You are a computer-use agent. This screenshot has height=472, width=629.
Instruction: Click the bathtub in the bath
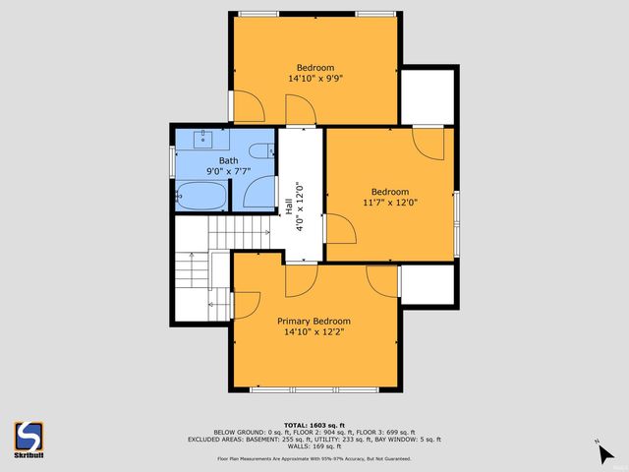click(x=201, y=194)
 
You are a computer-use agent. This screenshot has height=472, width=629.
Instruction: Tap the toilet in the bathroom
click(x=260, y=149)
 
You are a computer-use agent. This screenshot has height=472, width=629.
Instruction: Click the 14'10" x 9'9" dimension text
click(x=314, y=79)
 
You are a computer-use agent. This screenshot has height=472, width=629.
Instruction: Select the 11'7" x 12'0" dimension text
click(x=390, y=203)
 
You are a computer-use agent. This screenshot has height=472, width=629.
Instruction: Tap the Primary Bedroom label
click(x=314, y=321)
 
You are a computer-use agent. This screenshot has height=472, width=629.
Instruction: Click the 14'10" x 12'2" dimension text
click(x=314, y=332)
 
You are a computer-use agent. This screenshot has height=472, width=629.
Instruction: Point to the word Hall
click(x=289, y=207)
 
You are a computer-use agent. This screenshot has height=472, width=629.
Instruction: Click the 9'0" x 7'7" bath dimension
click(x=227, y=171)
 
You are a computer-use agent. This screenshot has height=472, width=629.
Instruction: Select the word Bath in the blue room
click(x=227, y=160)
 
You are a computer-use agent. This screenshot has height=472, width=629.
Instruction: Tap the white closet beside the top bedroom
click(x=428, y=96)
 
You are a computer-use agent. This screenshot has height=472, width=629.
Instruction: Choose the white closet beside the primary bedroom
click(x=428, y=284)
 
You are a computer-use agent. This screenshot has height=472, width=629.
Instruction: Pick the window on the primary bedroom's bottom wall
click(x=314, y=390)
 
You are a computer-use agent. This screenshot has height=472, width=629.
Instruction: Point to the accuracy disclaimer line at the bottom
click(x=314, y=458)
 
